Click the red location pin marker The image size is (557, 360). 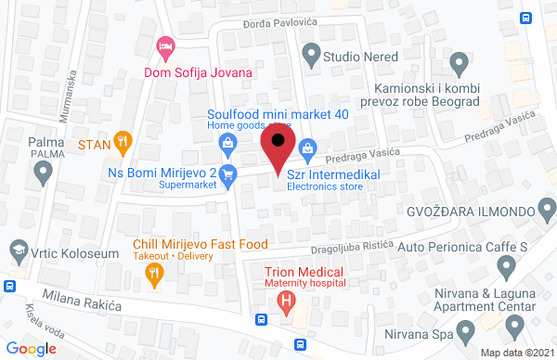tap(278, 148)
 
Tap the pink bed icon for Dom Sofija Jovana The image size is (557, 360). tap(165, 45)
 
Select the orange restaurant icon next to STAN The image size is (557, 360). tap(123, 143)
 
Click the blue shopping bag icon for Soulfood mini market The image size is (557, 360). tap(227, 142)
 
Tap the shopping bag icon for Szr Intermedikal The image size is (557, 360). tap(308, 148)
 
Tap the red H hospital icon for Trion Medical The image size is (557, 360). tap(287, 302)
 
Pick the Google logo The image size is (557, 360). tap(32, 348)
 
